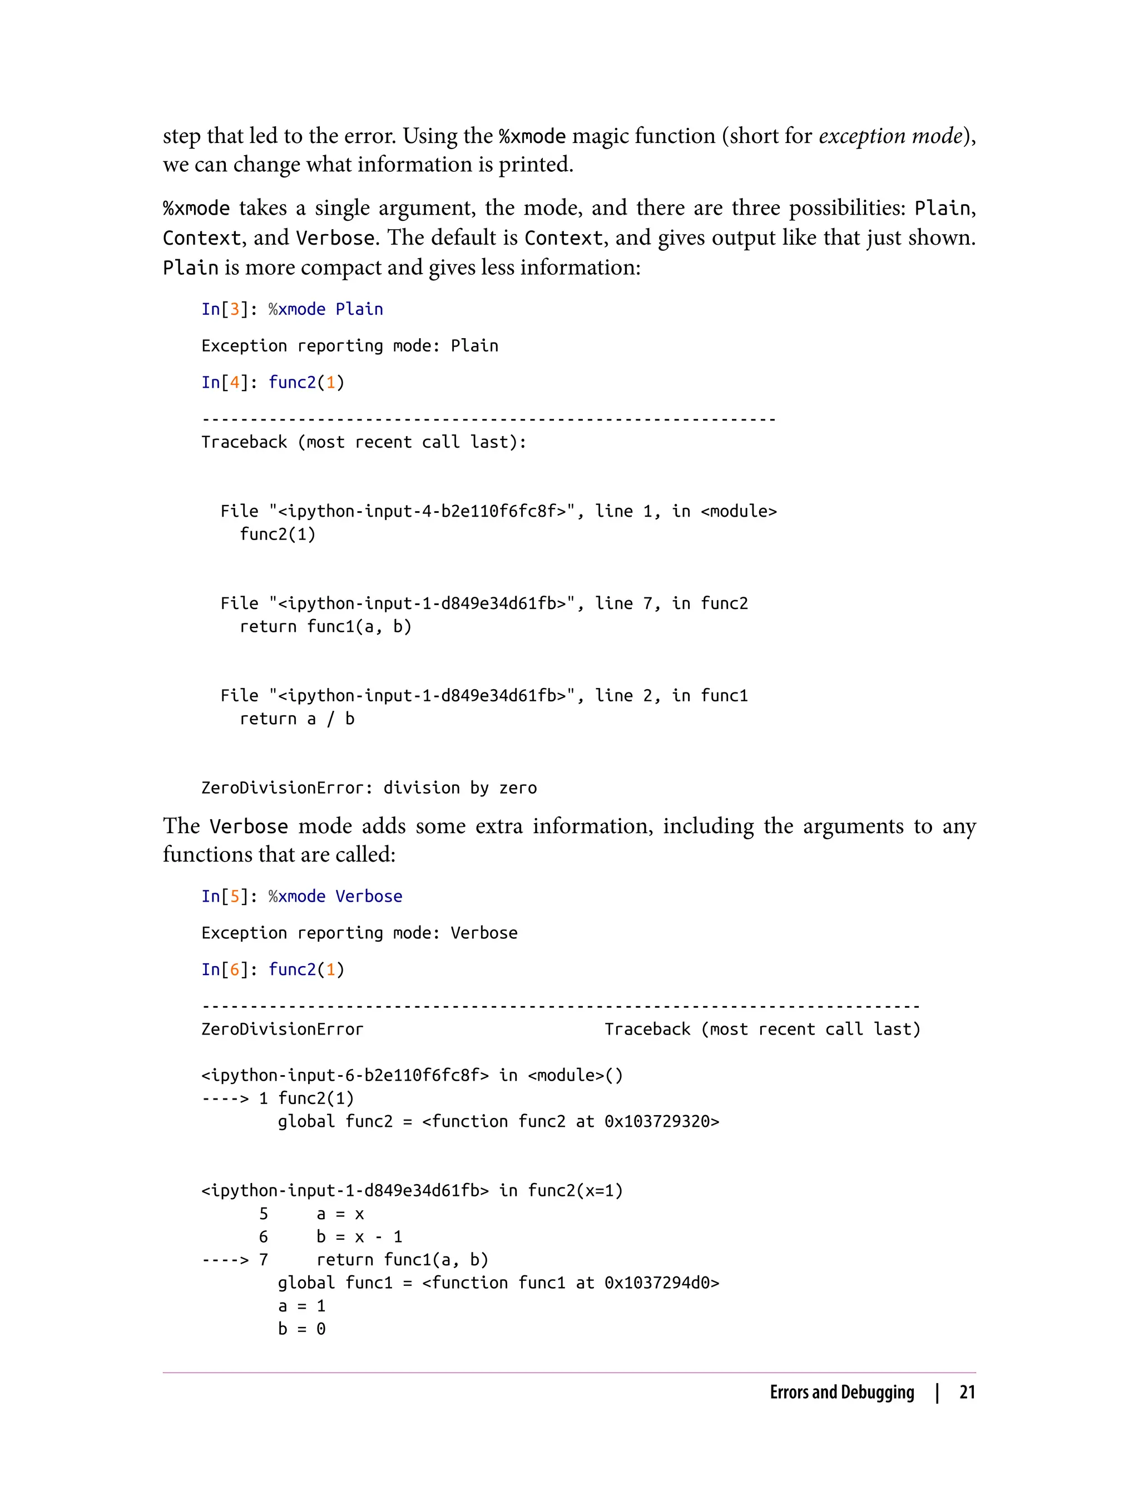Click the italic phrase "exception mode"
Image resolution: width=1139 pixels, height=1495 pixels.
(x=890, y=136)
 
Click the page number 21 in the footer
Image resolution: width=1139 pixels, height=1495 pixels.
(x=967, y=1392)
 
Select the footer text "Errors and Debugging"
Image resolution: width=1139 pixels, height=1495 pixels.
(x=841, y=1392)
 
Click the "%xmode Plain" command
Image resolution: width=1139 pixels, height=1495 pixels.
(x=325, y=309)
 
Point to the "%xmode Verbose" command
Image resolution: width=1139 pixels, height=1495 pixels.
(x=335, y=897)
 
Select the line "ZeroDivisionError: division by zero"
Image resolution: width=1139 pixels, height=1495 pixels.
(x=369, y=788)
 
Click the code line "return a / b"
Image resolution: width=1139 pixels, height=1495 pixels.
(x=297, y=719)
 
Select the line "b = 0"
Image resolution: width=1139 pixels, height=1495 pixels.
(x=301, y=1329)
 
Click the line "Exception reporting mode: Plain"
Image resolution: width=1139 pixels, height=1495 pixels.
(x=349, y=346)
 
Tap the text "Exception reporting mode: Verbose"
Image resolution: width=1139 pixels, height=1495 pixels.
(x=359, y=933)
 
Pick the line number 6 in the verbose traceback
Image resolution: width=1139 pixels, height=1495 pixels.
(x=264, y=1237)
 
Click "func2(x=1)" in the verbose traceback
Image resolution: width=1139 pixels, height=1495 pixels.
(x=575, y=1191)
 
